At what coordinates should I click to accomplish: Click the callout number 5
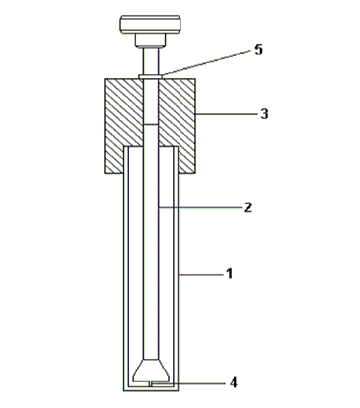coord(258,50)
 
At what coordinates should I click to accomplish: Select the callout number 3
coord(264,114)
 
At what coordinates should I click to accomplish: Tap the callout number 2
coord(248,207)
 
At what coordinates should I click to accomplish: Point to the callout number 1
coord(229,274)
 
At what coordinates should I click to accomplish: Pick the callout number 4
coord(234,383)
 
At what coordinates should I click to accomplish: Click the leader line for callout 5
coord(206,63)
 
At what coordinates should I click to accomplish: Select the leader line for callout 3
coord(227,114)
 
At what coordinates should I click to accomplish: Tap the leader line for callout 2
coord(200,207)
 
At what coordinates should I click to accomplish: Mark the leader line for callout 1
coord(201,274)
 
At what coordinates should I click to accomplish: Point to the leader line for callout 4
coord(188,383)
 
